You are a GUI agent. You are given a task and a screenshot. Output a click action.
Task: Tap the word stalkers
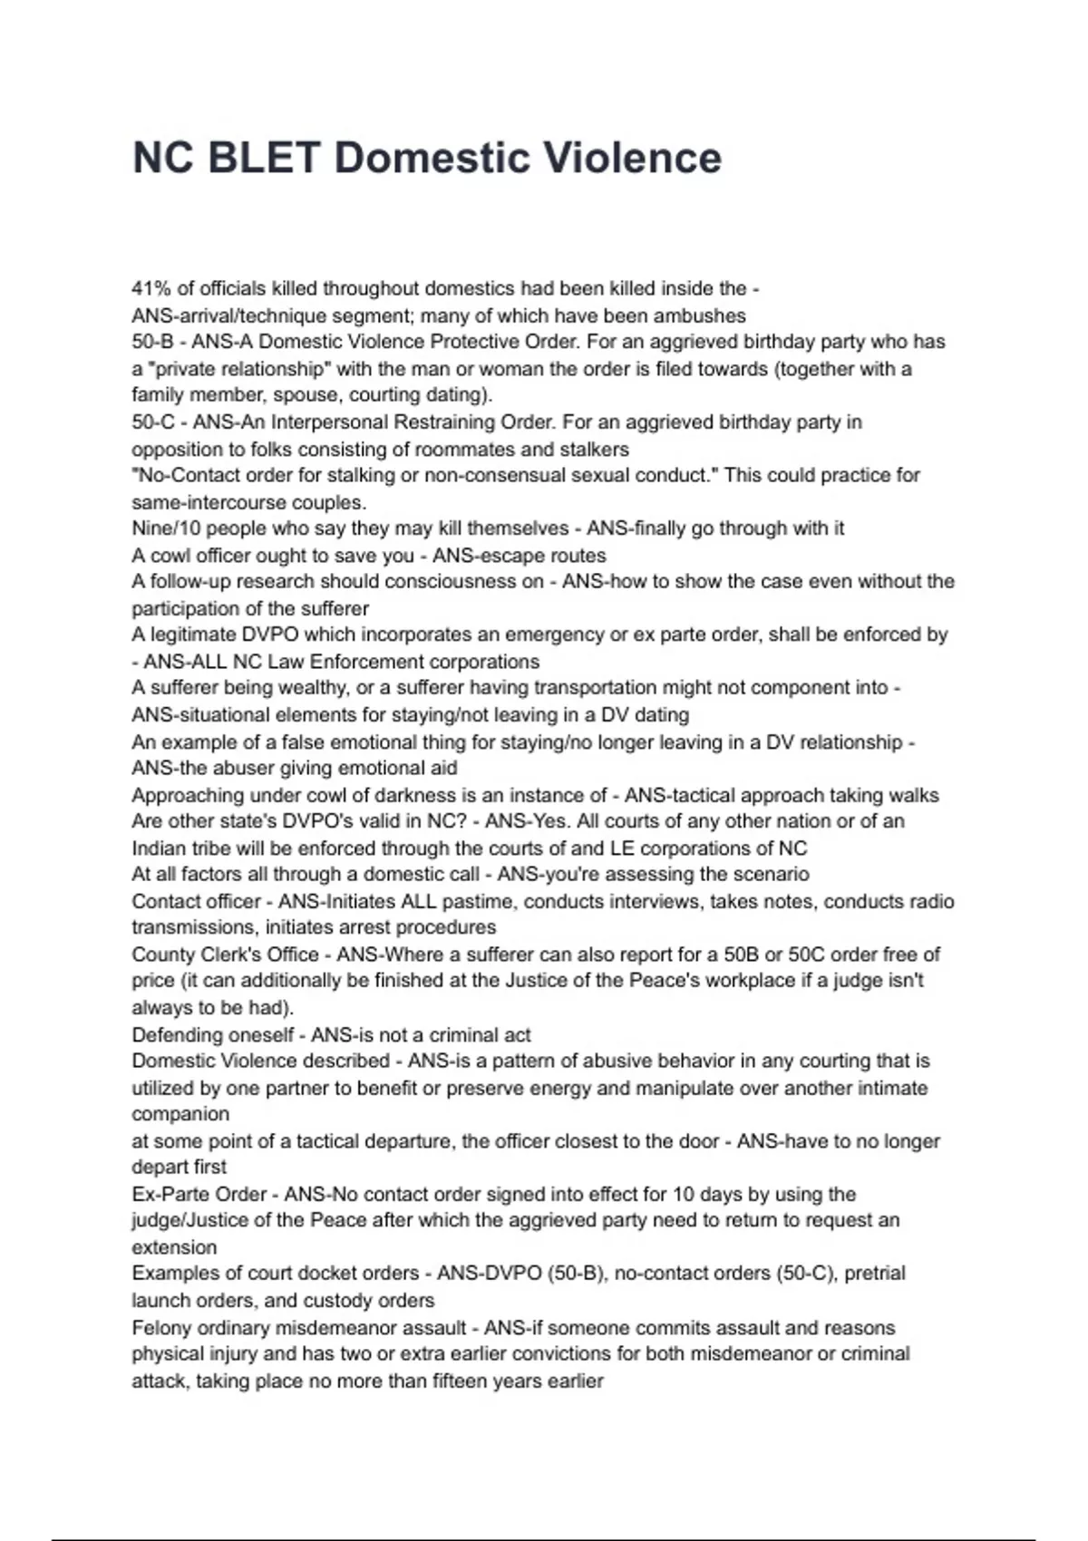tap(595, 450)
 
